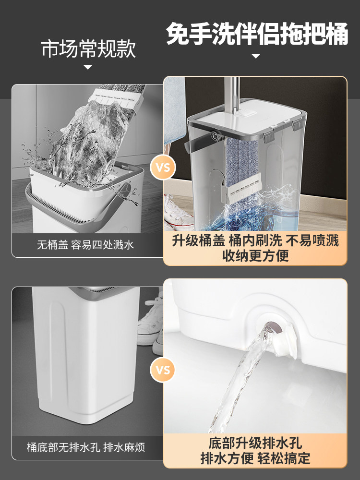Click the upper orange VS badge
coord(163,168)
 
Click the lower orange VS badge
coord(163,370)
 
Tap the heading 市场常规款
coord(88,49)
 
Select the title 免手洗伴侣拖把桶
coord(257,34)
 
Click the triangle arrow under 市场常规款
coord(88,67)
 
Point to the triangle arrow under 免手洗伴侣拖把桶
coord(256,56)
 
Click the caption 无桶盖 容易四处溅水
coord(85,245)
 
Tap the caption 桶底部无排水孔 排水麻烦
coord(86,447)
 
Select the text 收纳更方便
coord(256,256)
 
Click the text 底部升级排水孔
coord(255,443)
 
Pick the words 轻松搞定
coord(284,458)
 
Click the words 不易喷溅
coord(312,240)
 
